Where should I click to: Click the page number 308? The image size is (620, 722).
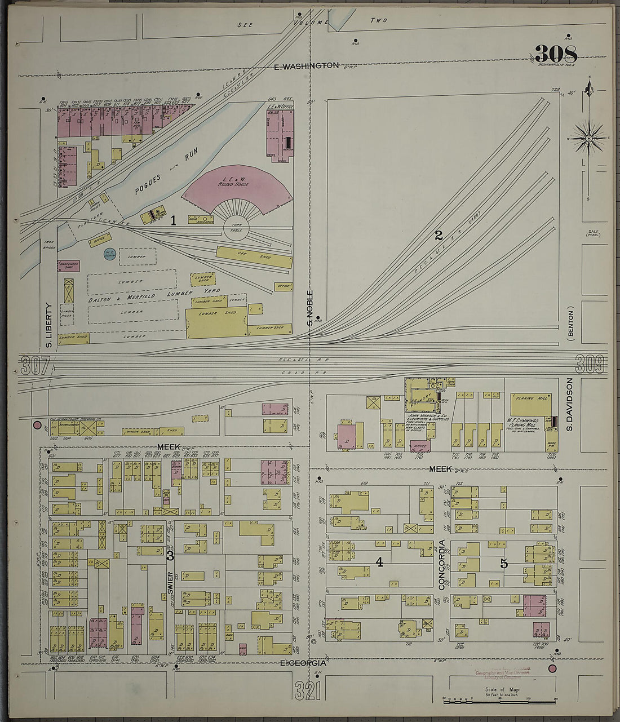556,55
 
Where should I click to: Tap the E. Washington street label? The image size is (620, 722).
306,67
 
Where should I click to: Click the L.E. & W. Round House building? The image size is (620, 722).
237,186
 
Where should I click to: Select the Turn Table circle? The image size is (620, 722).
236,229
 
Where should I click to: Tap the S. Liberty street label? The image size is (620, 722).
48,325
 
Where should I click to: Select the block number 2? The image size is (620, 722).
439,236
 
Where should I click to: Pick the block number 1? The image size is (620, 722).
174,222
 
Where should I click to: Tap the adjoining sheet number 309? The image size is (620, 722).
590,364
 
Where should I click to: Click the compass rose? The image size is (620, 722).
587,138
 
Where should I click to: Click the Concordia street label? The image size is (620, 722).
442,564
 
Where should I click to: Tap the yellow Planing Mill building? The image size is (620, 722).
531,405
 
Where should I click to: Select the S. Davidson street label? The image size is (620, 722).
570,404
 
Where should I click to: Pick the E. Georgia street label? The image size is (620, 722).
303,664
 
